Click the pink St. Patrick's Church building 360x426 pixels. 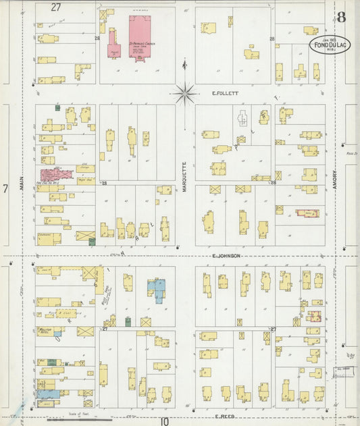click(140, 37)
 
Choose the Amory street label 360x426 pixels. click(335, 179)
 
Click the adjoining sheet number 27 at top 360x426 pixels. click(55, 7)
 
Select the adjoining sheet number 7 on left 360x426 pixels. click(5, 189)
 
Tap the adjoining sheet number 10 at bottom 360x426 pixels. click(164, 421)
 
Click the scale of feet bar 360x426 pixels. click(74, 419)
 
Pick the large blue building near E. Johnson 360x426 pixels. click(157, 290)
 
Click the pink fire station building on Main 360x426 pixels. click(57, 174)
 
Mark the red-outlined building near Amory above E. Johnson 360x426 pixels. click(307, 213)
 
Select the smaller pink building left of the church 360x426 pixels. click(113, 43)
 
